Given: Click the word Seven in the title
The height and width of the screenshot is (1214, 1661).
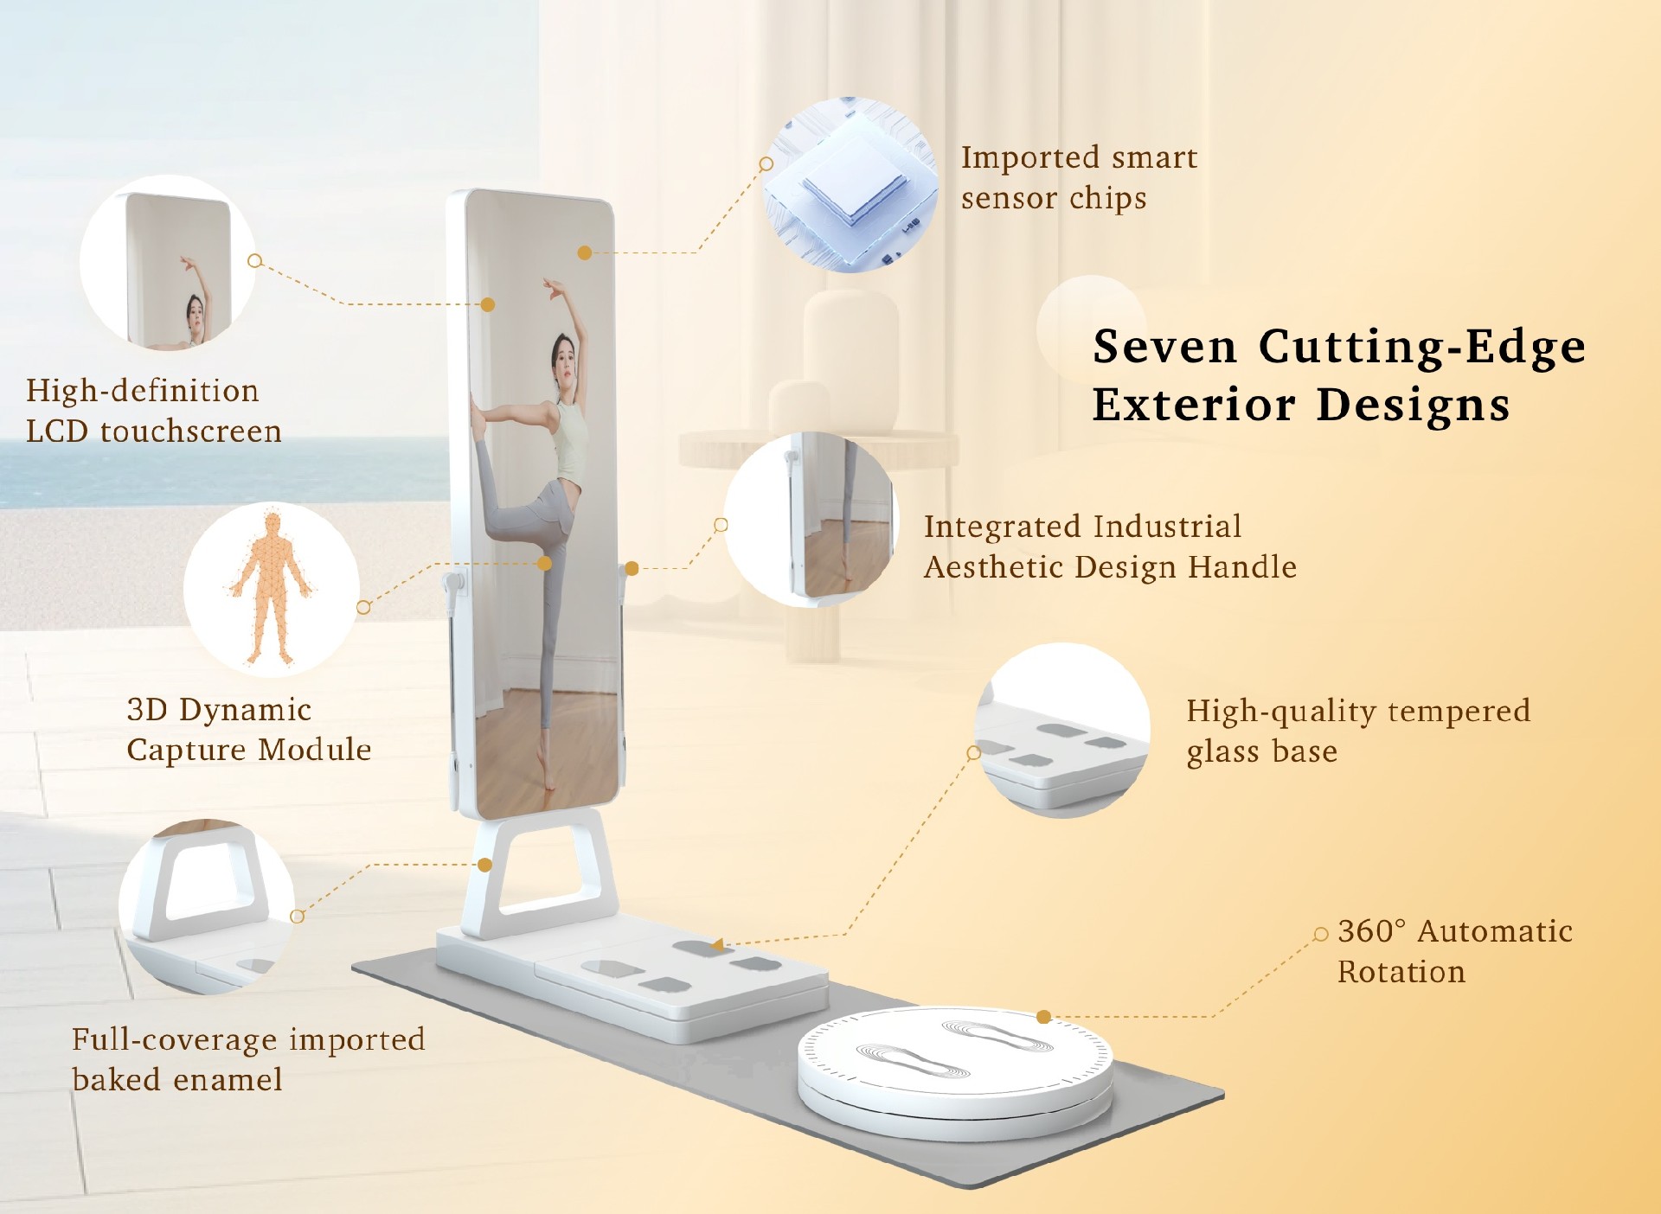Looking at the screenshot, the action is point(1164,347).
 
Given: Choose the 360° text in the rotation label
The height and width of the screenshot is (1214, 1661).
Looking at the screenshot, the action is point(1371,931).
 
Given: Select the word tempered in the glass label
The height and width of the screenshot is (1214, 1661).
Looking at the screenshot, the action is point(1459,712).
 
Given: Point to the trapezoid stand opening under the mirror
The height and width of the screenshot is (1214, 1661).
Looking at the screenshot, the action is point(543,865).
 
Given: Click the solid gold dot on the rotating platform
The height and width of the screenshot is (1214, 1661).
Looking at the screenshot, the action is point(1044,1017).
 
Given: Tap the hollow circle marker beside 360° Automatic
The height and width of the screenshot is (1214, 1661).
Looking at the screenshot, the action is point(1320,934).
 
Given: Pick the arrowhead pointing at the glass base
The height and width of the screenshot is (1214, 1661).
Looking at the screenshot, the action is point(717,945).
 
